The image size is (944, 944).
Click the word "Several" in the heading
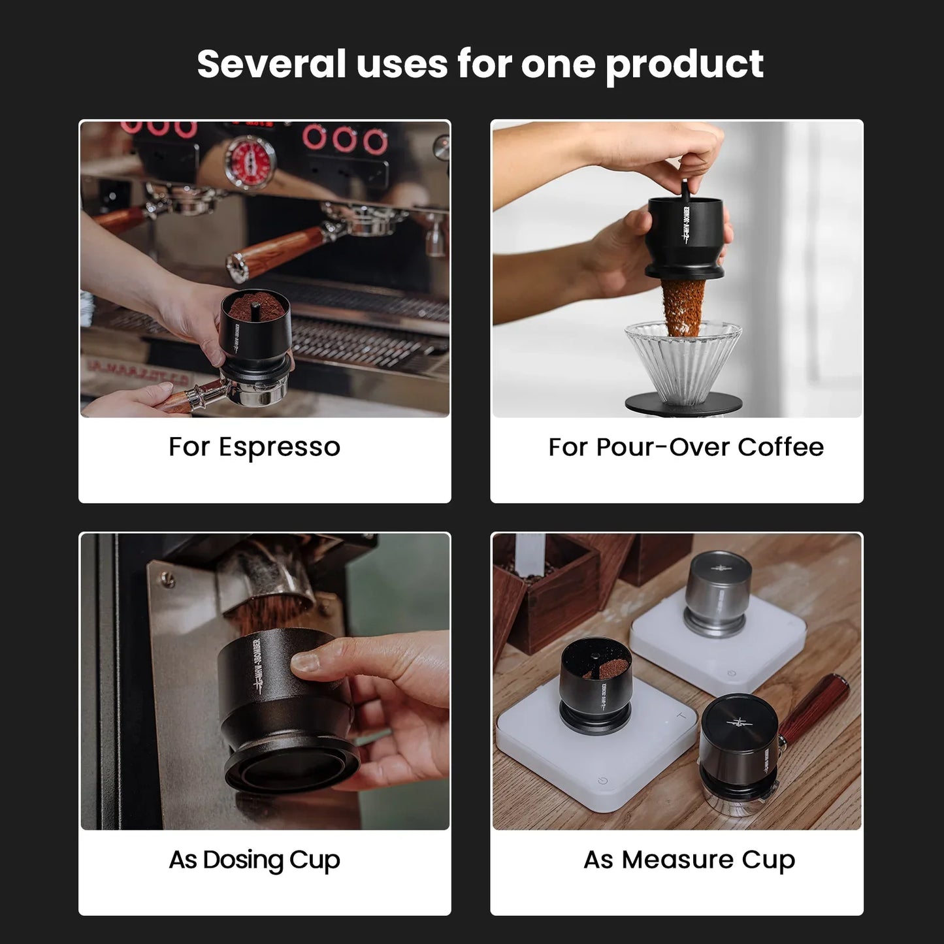[x=271, y=64]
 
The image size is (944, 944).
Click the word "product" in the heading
[x=684, y=64]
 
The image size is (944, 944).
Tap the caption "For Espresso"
[x=254, y=448]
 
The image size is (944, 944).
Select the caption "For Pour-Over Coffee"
[x=685, y=448]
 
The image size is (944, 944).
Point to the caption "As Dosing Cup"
[x=254, y=860]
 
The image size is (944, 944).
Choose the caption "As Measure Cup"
[x=689, y=860]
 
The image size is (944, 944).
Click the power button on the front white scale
[x=602, y=781]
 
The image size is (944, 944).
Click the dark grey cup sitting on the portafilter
[x=739, y=745]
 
